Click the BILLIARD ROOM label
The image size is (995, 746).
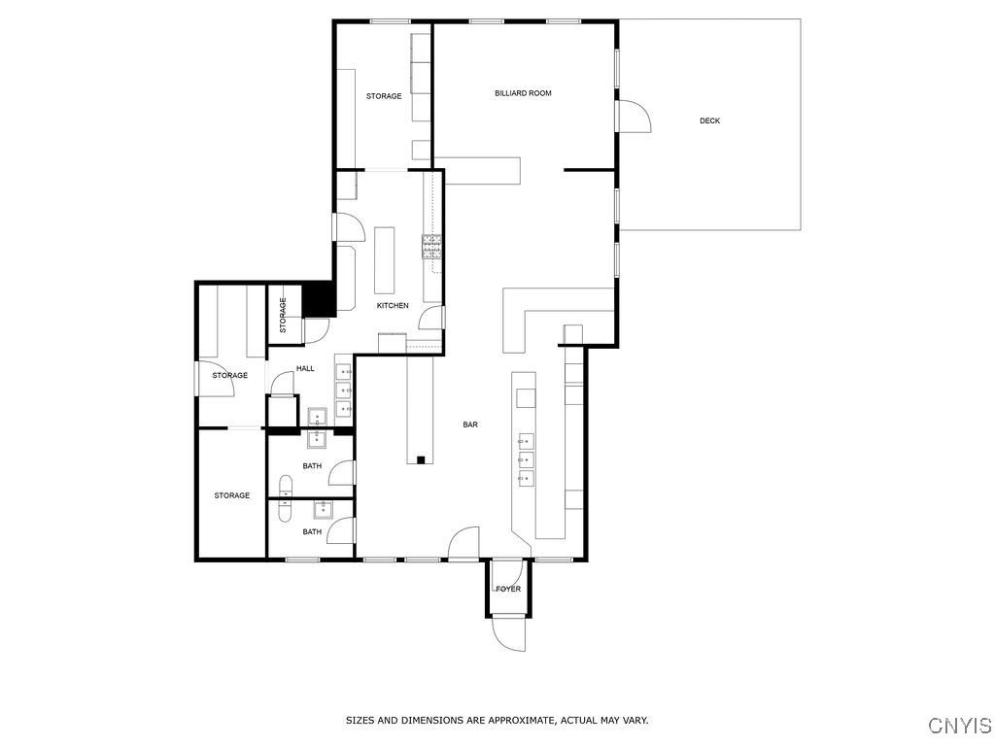tap(523, 93)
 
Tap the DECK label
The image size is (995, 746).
tap(709, 121)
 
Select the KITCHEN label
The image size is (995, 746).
tap(393, 306)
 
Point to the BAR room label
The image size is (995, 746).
tap(470, 424)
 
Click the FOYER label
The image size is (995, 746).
tap(508, 589)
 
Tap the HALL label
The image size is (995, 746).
tap(305, 369)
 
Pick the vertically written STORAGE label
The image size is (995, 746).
tap(283, 316)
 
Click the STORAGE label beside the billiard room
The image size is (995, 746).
tap(384, 96)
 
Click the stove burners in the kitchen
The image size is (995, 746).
tap(430, 247)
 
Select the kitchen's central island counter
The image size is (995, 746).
tap(384, 259)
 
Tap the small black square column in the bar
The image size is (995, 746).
tap(421, 459)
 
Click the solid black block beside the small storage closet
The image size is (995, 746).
tap(318, 299)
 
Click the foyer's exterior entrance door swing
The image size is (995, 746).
tap(508, 633)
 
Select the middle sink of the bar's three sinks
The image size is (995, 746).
tap(526, 458)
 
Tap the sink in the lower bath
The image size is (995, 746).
tap(321, 509)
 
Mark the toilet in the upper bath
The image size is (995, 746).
tap(286, 486)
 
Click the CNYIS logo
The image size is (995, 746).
tap(959, 726)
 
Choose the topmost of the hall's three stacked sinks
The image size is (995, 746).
tap(345, 370)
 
